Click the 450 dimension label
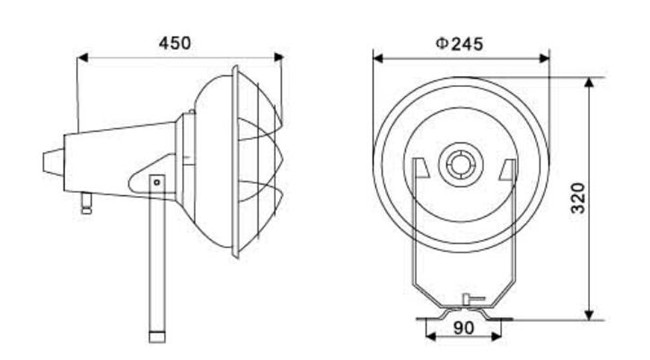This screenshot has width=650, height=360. coord(175,43)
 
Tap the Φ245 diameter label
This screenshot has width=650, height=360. coord(459,43)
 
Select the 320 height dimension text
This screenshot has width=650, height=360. coord(578,198)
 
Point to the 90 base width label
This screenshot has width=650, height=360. coord(463,328)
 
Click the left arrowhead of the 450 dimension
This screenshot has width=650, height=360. coord(83,58)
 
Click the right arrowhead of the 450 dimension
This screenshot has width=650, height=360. coord(278,57)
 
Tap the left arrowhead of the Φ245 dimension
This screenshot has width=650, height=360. coord(378,58)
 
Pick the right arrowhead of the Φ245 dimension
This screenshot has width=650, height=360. coord(544,58)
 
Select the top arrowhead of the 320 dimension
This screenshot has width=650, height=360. coord(589,83)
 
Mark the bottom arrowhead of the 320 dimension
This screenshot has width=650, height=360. coord(589,315)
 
